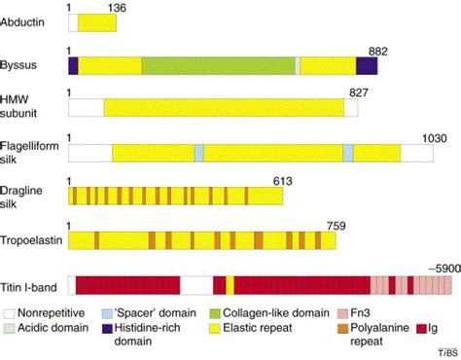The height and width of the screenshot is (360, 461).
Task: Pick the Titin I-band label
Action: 32,284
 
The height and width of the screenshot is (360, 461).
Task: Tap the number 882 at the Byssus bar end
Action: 382,50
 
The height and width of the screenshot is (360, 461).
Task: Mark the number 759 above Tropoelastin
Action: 337,227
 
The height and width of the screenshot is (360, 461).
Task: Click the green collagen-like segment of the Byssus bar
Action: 218,65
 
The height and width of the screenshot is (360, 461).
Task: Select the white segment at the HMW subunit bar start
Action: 86,108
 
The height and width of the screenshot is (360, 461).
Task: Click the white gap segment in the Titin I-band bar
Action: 196,284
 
